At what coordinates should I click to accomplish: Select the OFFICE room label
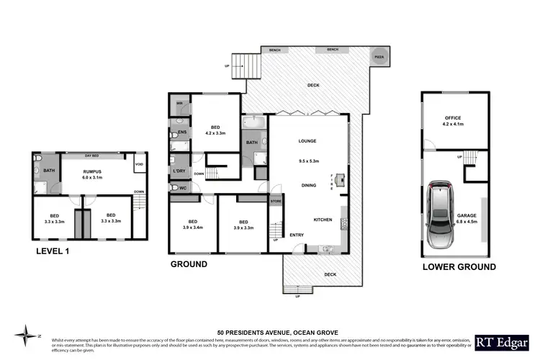pyautogui.click(x=453, y=117)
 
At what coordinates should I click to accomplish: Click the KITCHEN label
pyautogui.click(x=323, y=219)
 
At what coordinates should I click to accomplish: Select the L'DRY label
pyautogui.click(x=179, y=171)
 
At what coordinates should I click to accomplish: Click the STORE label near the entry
pyautogui.click(x=276, y=202)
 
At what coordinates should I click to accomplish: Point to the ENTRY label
pyautogui.click(x=297, y=235)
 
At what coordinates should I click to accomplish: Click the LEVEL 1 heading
pyautogui.click(x=57, y=251)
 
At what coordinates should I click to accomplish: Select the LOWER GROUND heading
pyautogui.click(x=459, y=266)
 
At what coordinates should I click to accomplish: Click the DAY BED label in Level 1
pyautogui.click(x=91, y=156)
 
